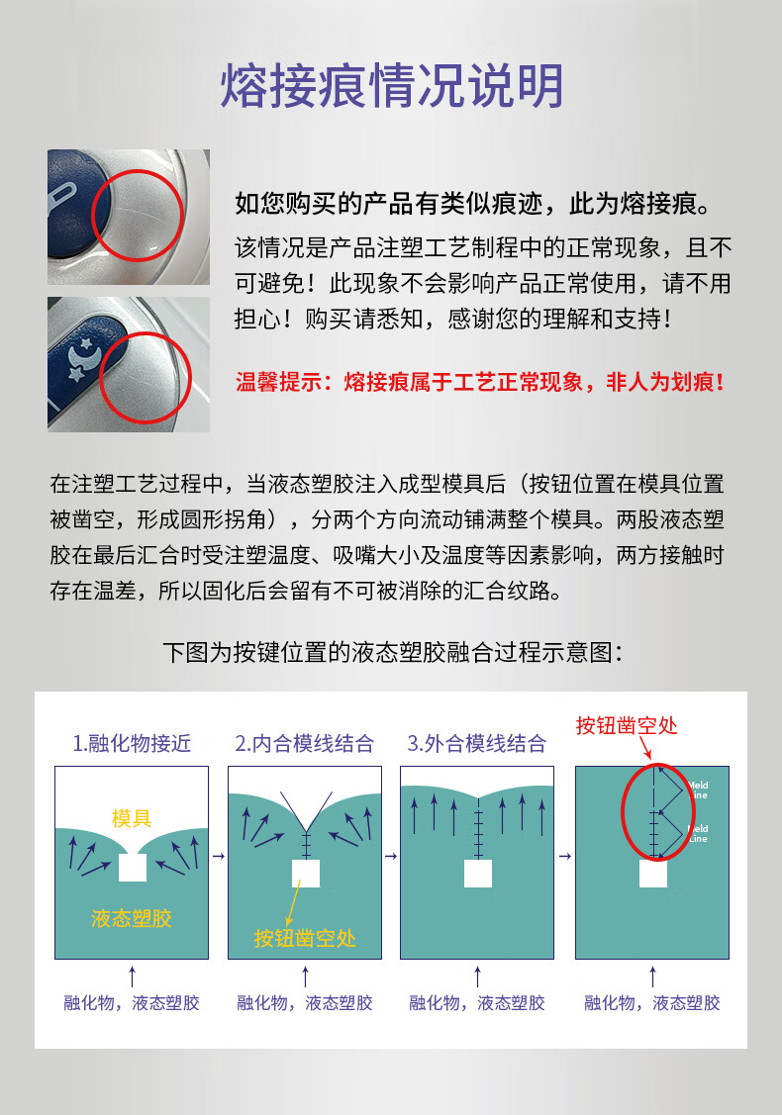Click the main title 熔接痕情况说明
click(391, 85)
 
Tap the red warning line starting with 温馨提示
click(480, 382)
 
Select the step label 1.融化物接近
click(132, 743)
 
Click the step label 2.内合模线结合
click(305, 743)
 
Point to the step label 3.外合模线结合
click(477, 743)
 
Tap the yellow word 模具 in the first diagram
click(132, 818)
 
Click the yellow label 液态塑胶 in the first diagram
click(132, 919)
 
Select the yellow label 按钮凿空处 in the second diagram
click(305, 938)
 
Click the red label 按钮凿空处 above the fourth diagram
click(627, 725)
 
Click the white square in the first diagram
click(133, 868)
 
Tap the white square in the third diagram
click(478, 874)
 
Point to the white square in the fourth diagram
click(653, 874)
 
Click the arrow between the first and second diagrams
click(219, 856)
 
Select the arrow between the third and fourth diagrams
click(565, 856)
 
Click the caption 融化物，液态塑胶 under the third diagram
click(477, 1002)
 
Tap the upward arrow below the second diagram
click(305, 976)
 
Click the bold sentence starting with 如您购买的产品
click(473, 204)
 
